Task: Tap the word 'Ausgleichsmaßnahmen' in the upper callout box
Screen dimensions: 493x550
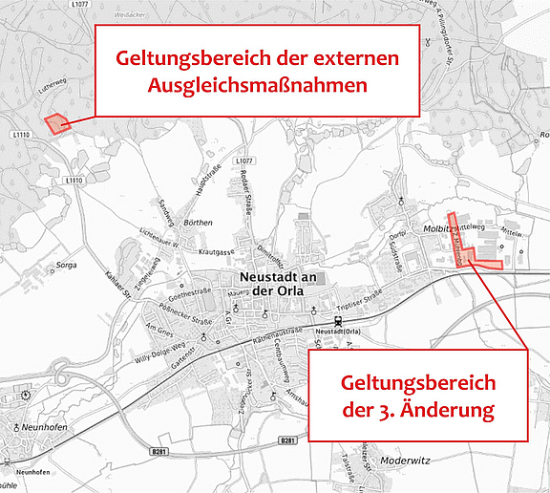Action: click(258, 85)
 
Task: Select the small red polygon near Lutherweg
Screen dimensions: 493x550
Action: click(57, 123)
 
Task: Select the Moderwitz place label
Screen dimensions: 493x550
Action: click(405, 460)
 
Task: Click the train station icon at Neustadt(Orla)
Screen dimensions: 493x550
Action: click(337, 321)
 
